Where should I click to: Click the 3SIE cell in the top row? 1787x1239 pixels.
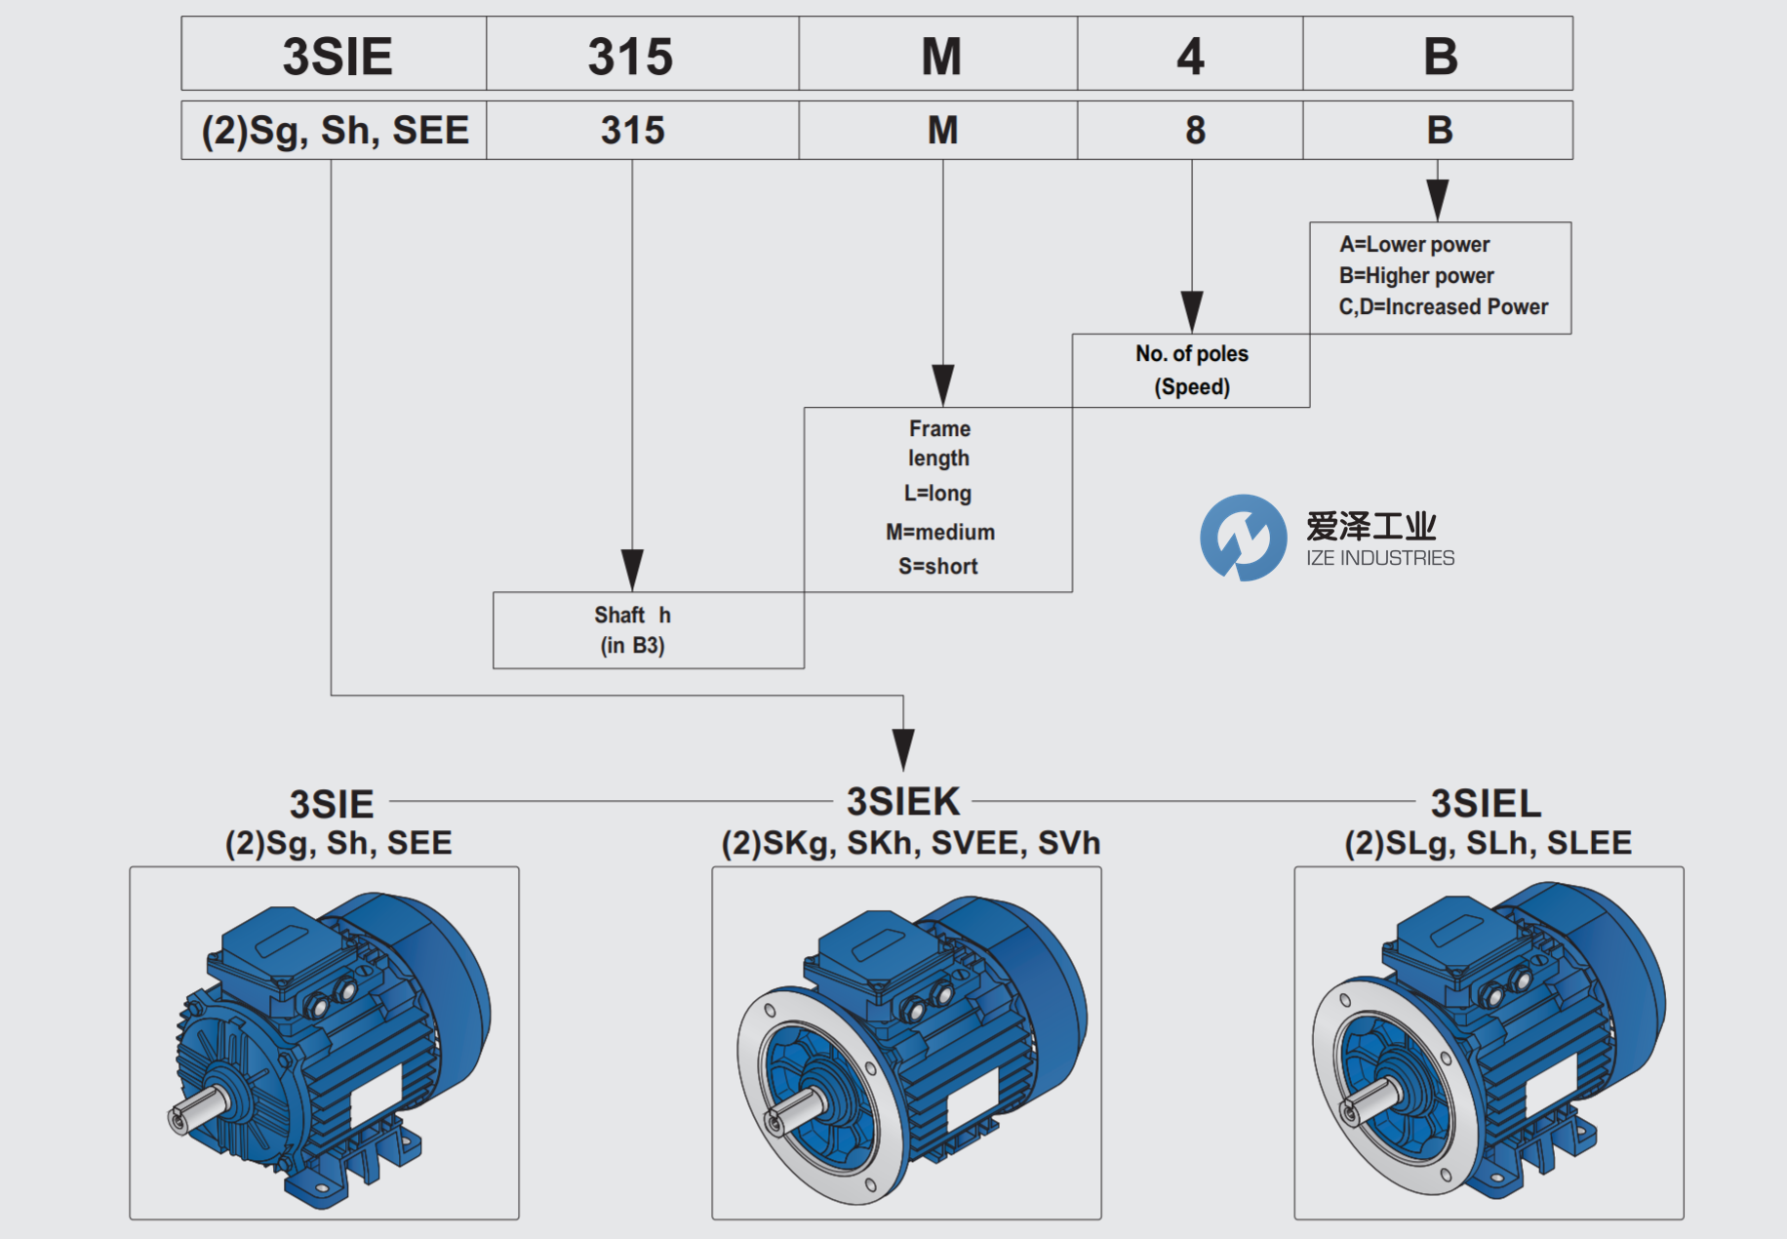coord(337,56)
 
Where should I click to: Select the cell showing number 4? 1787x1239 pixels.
coord(1190,56)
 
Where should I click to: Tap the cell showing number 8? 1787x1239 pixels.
coord(1195,130)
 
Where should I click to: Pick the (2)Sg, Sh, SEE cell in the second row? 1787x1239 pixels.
coord(335,130)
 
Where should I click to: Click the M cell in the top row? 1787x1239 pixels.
coord(940,56)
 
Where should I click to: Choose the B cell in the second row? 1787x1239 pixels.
coord(1439,130)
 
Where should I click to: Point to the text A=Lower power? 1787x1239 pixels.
coord(1413,244)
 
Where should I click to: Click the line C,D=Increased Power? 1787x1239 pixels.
coord(1443,306)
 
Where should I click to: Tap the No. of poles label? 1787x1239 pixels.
coord(1191,353)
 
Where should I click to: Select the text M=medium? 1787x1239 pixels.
coord(939,532)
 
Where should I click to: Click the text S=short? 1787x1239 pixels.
coord(937,566)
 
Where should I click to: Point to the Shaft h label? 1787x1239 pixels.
coord(632,615)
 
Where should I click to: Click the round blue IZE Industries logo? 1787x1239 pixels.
coord(1243,538)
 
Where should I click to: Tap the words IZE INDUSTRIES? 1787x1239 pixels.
coord(1379,558)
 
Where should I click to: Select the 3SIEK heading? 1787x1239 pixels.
coord(903,801)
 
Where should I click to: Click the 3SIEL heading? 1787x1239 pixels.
coord(1486,803)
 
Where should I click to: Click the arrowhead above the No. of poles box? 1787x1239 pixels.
coord(1191,311)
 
